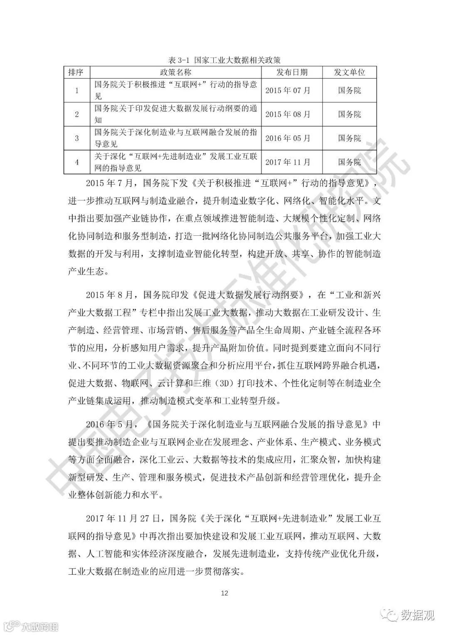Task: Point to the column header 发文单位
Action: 350,72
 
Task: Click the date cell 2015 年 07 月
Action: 288,90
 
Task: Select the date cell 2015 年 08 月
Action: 288,114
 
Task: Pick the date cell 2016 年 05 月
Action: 288,138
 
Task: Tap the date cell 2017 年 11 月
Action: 288,162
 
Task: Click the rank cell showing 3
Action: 77,138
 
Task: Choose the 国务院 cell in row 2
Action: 350,114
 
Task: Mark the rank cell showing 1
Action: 77,90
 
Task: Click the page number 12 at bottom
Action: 224,593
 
